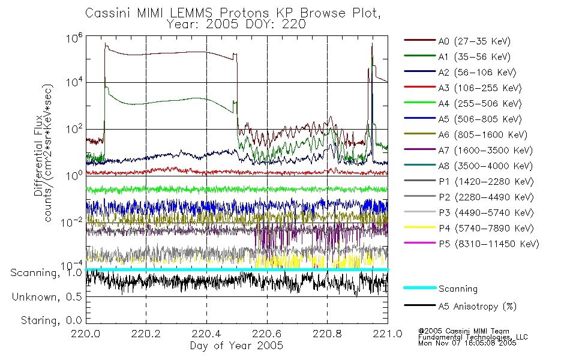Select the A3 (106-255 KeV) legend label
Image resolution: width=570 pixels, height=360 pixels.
pyautogui.click(x=480, y=88)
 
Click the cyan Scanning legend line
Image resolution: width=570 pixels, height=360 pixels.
pyautogui.click(x=420, y=287)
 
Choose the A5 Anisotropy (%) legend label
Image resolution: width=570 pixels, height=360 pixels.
pyautogui.click(x=478, y=307)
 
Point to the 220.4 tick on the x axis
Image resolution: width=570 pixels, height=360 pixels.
pyautogui.click(x=206, y=334)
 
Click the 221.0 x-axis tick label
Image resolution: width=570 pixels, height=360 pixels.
pyautogui.click(x=388, y=334)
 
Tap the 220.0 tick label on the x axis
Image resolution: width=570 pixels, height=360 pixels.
pyautogui.click(x=86, y=334)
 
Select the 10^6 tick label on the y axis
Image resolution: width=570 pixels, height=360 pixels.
pyautogui.click(x=74, y=38)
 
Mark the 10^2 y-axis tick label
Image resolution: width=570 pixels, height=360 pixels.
pyautogui.click(x=74, y=129)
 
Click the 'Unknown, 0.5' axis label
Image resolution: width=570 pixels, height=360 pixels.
pyautogui.click(x=47, y=297)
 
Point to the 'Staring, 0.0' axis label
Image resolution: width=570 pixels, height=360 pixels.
pyautogui.click(x=52, y=320)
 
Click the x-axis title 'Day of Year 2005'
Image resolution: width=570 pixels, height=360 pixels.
pyautogui.click(x=236, y=346)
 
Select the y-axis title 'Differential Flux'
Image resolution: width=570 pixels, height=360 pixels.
pyautogui.click(x=38, y=156)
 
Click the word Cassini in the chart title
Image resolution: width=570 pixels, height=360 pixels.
pyautogui.click(x=109, y=13)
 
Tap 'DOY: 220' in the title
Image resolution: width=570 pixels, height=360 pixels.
pyautogui.click(x=276, y=25)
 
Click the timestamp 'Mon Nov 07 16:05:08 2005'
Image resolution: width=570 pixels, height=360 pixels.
pyautogui.click(x=467, y=343)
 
